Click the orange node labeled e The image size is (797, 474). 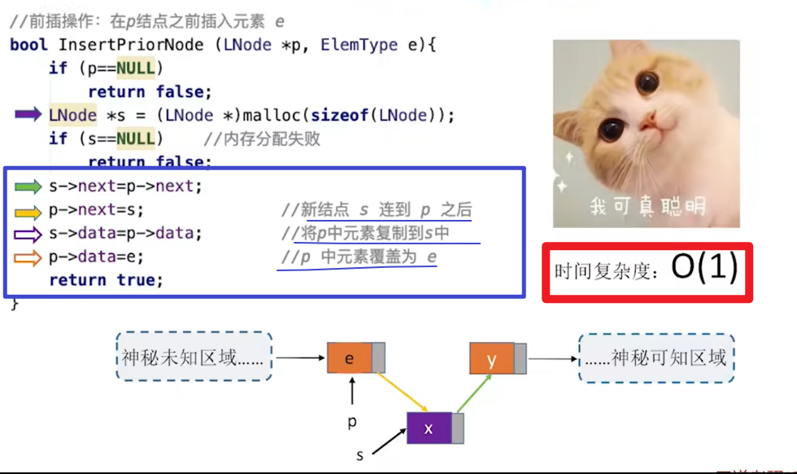point(351,358)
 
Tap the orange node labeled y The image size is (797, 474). point(492,358)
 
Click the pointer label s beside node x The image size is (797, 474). point(360,455)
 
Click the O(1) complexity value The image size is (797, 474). point(704,270)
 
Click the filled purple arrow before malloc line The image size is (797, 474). point(28,115)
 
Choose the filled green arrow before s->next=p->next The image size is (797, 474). point(28,187)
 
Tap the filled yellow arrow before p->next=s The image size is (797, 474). point(28,211)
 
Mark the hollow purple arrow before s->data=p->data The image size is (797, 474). point(28,234)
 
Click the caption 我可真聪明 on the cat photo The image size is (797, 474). point(647,206)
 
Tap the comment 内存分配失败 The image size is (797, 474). point(268,138)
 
